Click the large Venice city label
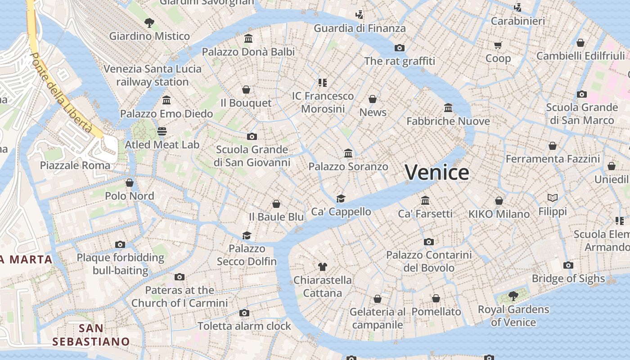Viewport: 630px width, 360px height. point(437,173)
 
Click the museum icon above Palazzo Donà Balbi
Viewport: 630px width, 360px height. point(248,38)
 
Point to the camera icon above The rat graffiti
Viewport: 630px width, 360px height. point(399,48)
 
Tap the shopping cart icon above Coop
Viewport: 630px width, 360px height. point(498,45)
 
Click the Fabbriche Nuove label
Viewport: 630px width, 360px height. point(448,121)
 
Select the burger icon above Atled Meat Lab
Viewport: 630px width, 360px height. point(162,131)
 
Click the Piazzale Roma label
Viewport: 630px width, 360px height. point(75,165)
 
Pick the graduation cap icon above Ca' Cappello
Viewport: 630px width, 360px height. point(341,198)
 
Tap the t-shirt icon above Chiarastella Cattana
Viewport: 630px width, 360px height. point(322,266)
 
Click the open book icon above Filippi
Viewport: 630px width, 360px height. point(553,198)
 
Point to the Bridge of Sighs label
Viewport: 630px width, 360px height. point(568,279)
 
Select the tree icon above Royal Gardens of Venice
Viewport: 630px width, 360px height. point(513,296)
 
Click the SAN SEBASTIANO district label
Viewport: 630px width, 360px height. point(91,335)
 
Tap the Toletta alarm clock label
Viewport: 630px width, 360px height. point(244,326)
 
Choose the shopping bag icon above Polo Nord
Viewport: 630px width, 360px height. point(130,183)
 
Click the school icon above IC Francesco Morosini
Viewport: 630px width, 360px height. point(322,82)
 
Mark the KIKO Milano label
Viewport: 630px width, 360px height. point(499,214)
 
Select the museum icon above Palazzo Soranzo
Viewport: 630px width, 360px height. point(348,153)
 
